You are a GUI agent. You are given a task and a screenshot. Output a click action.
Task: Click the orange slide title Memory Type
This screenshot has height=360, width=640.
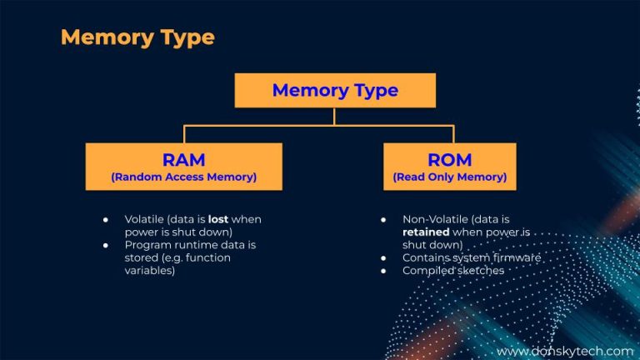[137, 37]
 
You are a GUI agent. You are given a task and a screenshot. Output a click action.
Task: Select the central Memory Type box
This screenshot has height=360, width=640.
[335, 90]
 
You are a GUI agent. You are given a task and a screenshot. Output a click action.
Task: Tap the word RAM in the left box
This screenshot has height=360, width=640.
[183, 159]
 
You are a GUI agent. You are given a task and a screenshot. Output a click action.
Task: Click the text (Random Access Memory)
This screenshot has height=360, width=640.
[183, 177]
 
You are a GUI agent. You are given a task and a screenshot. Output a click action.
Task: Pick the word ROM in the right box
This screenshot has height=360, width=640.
[449, 159]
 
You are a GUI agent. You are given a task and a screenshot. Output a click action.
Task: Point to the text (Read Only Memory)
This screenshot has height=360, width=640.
[449, 177]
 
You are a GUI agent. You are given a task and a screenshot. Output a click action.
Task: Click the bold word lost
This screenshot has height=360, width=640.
[218, 219]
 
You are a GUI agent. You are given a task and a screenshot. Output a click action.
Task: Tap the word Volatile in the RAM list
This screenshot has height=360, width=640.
[145, 219]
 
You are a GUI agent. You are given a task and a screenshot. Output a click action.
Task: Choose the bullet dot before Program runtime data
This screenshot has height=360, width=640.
[106, 245]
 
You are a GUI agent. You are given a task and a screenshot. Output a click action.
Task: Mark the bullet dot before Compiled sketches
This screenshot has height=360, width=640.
[382, 271]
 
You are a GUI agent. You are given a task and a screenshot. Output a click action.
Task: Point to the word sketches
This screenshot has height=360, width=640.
[479, 271]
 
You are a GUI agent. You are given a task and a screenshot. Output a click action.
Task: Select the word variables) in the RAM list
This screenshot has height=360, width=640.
[150, 271]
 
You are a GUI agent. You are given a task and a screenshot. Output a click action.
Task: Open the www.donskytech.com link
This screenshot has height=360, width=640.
[565, 351]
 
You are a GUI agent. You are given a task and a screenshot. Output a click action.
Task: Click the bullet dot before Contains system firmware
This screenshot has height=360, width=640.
[382, 258]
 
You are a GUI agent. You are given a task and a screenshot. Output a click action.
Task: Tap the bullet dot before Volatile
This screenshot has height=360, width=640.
[106, 219]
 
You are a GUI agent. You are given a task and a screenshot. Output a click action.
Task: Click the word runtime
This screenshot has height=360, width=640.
[197, 245]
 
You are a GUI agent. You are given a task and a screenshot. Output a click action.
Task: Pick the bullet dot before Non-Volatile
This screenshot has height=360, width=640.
[382, 219]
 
